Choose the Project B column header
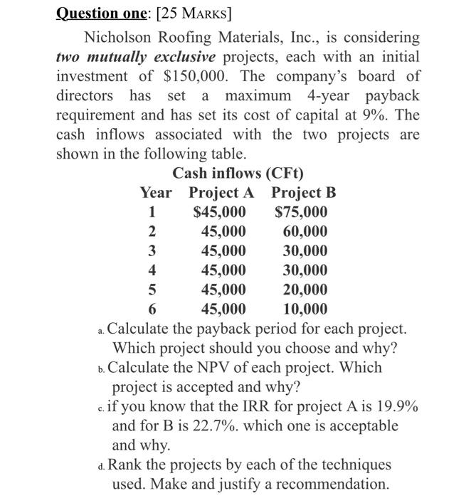click(x=303, y=193)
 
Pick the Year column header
click(x=156, y=193)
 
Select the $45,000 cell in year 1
click(x=219, y=212)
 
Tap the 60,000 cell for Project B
click(x=305, y=231)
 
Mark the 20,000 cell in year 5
click(x=305, y=290)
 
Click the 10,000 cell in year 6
click(x=305, y=309)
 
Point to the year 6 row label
click(x=151, y=309)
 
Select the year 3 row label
click(x=151, y=250)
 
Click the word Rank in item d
click(x=127, y=465)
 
